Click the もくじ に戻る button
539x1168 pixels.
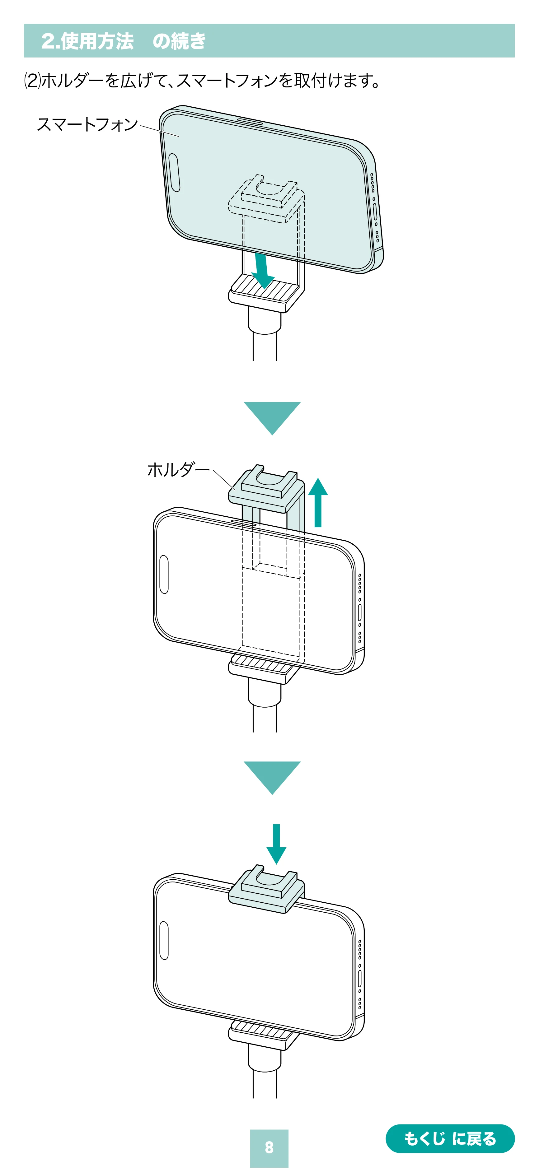point(450,1138)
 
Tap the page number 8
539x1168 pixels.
point(269,1147)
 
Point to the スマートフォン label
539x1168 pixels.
point(87,124)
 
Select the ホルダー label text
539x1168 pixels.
point(178,470)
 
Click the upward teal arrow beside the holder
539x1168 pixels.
point(318,502)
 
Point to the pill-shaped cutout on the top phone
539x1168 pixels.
point(174,172)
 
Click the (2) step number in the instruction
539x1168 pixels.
point(32,81)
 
